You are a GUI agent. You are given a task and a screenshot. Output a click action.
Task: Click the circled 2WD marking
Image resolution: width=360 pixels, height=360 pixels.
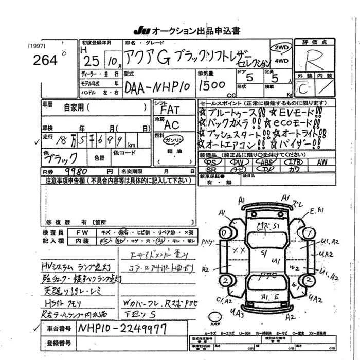click(x=282, y=47)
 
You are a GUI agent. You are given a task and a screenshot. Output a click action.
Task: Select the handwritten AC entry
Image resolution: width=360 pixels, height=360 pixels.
click(x=171, y=125)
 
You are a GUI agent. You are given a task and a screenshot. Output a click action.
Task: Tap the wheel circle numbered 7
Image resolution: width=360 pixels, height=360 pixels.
click(x=309, y=233)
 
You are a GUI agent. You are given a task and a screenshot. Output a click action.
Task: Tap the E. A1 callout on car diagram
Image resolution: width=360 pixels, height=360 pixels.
click(x=317, y=211)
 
